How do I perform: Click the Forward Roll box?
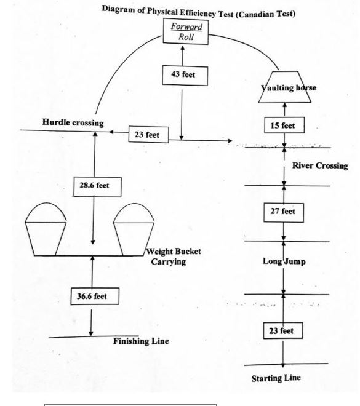(185, 31)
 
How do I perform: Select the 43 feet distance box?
(185, 76)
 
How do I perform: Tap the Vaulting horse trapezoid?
(285, 87)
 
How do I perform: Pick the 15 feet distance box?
(284, 125)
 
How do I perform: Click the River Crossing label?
(320, 165)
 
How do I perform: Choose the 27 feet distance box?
(284, 213)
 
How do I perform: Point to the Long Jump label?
(284, 261)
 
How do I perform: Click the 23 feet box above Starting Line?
(283, 331)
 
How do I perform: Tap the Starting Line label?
(276, 378)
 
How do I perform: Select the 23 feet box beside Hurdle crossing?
(148, 134)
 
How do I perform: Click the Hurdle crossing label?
(73, 122)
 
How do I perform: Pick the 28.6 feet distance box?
(97, 187)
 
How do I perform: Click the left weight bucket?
(46, 229)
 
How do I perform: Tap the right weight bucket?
(134, 229)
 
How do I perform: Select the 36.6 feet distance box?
(95, 297)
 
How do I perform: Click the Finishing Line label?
(141, 341)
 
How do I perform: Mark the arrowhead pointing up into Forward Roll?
(183, 48)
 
